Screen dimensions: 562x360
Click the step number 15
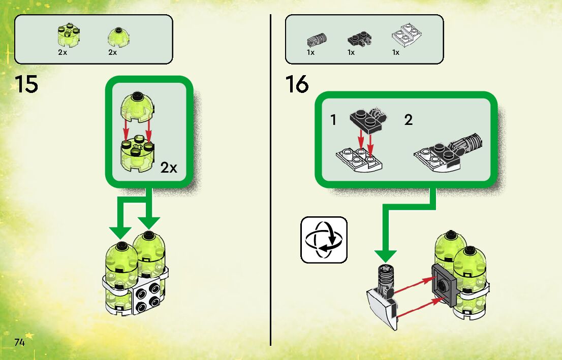[x=26, y=84]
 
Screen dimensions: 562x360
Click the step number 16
[x=297, y=84]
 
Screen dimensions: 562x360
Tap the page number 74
[x=20, y=342]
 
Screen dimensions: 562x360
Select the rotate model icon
[x=324, y=240]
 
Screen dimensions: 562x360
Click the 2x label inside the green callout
[x=169, y=168]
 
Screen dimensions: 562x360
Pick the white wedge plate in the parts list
[x=404, y=35]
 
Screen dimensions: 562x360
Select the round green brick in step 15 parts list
[x=68, y=35]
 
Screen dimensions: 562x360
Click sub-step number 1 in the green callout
[x=333, y=120]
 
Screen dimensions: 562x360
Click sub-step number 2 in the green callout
[x=409, y=120]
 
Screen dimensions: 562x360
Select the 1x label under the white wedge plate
[x=396, y=52]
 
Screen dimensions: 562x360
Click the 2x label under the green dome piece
[x=113, y=52]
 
